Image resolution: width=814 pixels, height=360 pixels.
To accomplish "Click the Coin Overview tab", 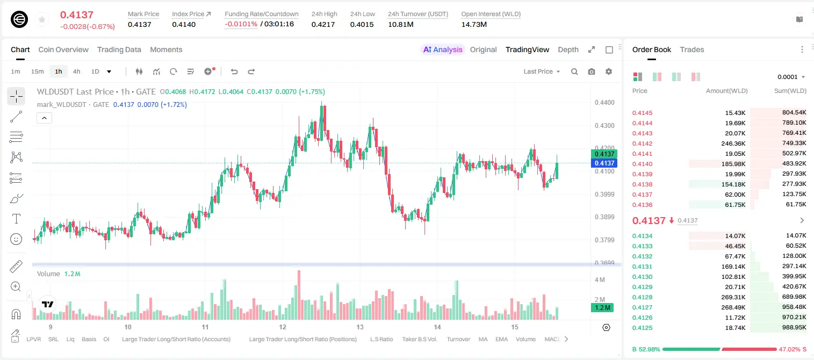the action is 63,49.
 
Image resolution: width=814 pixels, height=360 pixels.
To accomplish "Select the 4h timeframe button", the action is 76,71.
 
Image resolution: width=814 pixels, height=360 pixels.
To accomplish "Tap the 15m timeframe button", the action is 37,71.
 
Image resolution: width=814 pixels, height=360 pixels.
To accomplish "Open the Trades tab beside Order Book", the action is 692,49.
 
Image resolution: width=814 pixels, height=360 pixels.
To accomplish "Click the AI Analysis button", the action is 443,49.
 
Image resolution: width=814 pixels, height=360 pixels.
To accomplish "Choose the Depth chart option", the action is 568,49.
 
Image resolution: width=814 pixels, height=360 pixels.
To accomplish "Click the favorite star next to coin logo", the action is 42,19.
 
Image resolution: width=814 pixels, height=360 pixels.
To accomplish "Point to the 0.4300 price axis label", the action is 604,126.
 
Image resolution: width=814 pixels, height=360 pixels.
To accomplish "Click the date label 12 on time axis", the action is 283,327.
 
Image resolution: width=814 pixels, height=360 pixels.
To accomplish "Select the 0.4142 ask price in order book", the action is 642,143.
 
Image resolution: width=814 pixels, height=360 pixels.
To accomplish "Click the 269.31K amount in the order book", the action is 733,297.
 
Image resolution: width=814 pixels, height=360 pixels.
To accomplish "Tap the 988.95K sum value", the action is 794,327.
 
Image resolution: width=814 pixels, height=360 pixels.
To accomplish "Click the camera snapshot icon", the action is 591,71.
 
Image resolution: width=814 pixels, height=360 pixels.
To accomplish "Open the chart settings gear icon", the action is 609,71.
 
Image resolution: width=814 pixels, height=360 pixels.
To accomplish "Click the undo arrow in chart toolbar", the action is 234,71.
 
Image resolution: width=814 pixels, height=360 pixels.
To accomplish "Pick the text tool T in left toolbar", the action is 16,219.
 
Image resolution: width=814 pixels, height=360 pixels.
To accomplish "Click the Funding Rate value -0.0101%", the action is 241,24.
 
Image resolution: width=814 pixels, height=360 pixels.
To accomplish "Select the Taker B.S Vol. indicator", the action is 419,339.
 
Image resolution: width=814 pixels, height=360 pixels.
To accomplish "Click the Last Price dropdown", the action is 542,71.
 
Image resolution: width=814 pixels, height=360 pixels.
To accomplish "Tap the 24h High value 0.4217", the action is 323,24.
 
